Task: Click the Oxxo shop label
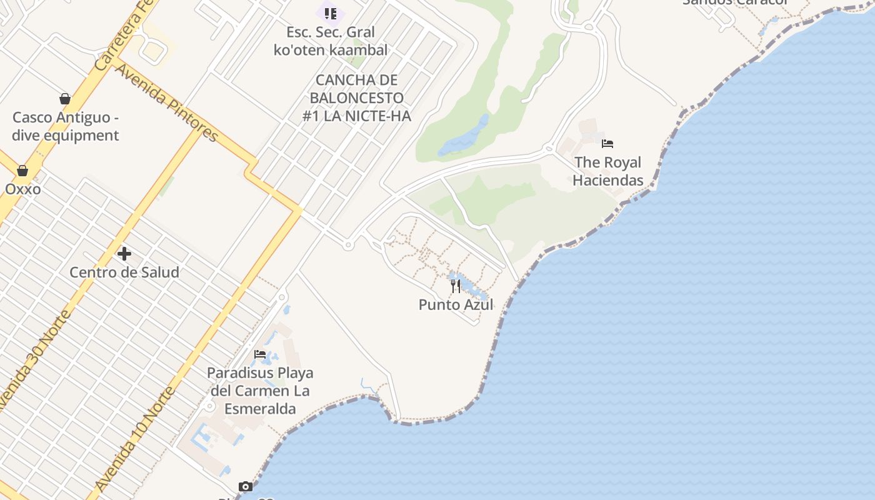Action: [x=23, y=189]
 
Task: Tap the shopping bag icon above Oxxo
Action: [x=22, y=171]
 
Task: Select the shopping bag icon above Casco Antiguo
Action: [x=65, y=99]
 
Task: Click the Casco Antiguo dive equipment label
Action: [x=66, y=126]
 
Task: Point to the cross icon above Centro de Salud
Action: [x=124, y=254]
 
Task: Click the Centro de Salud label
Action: [x=124, y=272]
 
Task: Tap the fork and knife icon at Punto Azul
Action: [x=456, y=286]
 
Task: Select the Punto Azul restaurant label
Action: [x=456, y=304]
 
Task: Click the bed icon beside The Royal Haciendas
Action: [x=607, y=144]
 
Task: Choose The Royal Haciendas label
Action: [x=607, y=171]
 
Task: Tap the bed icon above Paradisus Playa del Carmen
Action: [x=260, y=354]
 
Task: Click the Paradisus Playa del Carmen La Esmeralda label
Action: [x=260, y=391]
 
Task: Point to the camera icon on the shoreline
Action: [x=246, y=486]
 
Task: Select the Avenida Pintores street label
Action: [x=167, y=103]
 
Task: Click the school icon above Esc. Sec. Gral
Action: [x=331, y=13]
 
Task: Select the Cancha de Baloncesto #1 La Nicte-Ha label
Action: [x=357, y=98]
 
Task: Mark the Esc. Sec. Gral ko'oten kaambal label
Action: [x=331, y=41]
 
